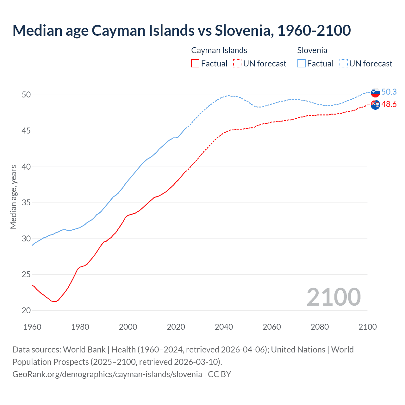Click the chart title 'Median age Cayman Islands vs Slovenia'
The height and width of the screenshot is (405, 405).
[x=181, y=30]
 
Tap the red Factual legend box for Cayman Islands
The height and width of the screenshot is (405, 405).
[x=195, y=63]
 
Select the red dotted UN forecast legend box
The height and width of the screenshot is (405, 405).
[x=237, y=63]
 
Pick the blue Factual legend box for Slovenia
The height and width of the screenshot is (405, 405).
[x=302, y=63]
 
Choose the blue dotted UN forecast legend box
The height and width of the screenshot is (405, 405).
[x=344, y=63]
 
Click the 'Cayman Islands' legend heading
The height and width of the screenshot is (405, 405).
[x=219, y=50]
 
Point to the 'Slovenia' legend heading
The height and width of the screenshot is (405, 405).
[x=312, y=50]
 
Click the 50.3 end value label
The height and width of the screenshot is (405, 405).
[x=389, y=92]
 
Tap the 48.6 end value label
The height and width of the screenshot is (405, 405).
[x=389, y=104]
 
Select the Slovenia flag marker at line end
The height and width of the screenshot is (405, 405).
[x=375, y=92]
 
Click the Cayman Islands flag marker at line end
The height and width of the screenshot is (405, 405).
[x=375, y=105]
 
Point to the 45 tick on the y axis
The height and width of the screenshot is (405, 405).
[x=26, y=131]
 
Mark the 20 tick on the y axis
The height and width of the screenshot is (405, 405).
[x=26, y=310]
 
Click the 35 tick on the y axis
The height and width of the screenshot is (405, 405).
[x=26, y=202]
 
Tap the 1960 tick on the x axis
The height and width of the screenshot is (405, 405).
[x=32, y=327]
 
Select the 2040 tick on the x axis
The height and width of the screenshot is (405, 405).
[x=224, y=327]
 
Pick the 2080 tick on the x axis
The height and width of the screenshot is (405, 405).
[x=320, y=327]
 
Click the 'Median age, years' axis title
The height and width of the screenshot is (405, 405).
[x=13, y=197]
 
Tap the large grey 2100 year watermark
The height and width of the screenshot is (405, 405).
[x=333, y=297]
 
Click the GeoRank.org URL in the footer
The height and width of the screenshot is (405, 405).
[x=107, y=374]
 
